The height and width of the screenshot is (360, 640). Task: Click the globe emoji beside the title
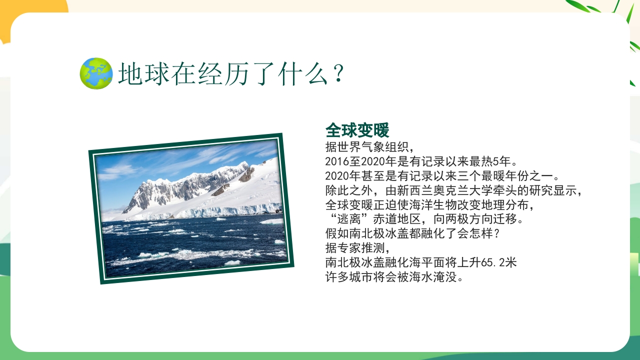click(96, 73)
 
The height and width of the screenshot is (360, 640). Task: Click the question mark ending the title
click(338, 74)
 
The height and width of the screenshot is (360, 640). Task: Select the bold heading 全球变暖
click(357, 131)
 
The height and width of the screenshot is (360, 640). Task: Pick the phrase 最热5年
click(494, 162)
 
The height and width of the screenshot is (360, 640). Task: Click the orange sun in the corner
click(30, 12)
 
